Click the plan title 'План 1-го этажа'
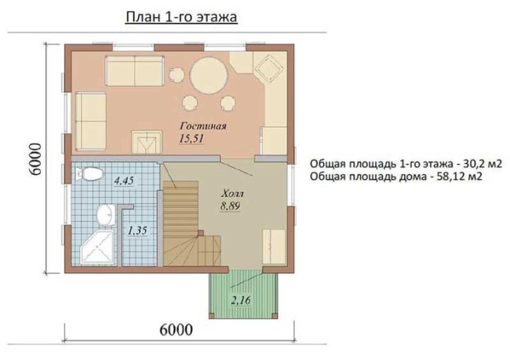(x=181, y=17)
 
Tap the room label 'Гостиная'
(x=203, y=125)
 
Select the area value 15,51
(x=191, y=139)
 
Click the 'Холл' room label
(x=232, y=195)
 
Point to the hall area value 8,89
(x=230, y=206)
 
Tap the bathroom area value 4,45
(x=124, y=180)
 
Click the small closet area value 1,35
(x=137, y=231)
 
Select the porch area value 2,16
(x=241, y=300)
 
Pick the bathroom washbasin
(x=106, y=215)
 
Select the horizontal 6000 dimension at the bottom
(x=176, y=329)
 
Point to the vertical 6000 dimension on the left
(x=35, y=159)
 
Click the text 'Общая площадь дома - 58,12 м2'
(x=395, y=176)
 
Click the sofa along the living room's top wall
(x=135, y=71)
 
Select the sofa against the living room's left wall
(x=91, y=122)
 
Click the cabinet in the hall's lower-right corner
(x=274, y=247)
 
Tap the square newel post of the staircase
(x=201, y=233)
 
